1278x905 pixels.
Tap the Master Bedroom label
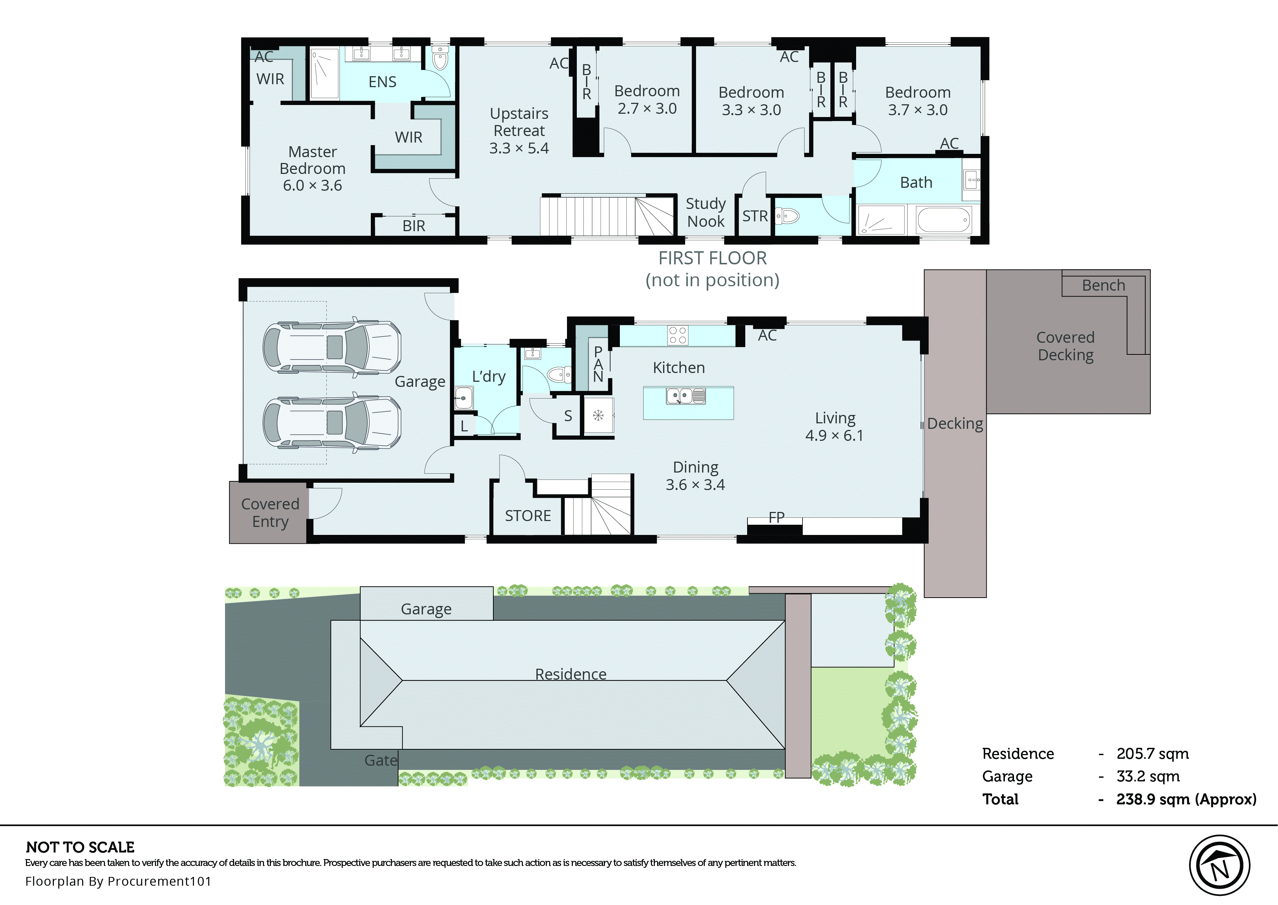pos(312,168)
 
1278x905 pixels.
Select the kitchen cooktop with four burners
pos(677,335)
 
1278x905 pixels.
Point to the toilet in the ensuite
pos(440,58)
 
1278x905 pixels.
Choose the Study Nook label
pos(705,212)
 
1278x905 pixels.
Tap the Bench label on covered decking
pos(1103,286)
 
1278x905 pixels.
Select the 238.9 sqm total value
pos(1185,799)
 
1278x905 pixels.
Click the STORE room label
pos(528,516)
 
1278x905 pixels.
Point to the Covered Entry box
pos(270,513)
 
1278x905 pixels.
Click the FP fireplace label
pos(776,517)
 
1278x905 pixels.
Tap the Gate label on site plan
pos(381,760)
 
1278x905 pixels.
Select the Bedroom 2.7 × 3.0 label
pos(647,100)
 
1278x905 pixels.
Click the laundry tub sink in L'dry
pos(463,398)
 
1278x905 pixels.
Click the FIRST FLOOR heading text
pos(712,258)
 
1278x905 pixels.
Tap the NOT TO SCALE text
pos(80,847)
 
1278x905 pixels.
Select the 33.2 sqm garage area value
pos(1147,776)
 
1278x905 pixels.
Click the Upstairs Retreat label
pos(518,131)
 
